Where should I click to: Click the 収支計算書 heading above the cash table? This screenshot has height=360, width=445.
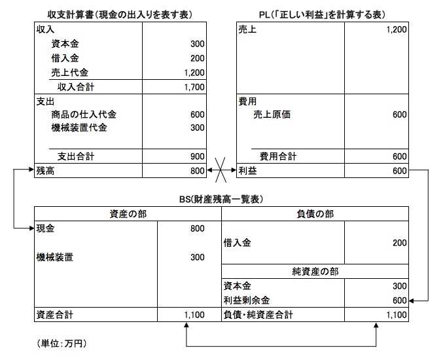(120, 15)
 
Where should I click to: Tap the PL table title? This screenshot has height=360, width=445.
(323, 15)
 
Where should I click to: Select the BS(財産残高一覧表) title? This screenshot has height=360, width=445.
(221, 199)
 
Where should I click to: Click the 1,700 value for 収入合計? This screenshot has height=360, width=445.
(194, 87)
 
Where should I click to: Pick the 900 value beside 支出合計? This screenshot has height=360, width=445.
(198, 156)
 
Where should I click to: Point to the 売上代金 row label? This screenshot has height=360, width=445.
(70, 73)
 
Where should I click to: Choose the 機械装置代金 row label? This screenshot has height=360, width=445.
(79, 128)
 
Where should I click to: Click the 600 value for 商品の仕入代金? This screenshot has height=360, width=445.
(198, 115)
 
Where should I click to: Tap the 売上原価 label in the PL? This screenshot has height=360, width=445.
(272, 115)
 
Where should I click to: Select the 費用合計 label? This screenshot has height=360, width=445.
(278, 156)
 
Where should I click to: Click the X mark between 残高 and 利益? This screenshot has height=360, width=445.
(221, 170)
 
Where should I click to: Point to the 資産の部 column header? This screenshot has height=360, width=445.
(128, 214)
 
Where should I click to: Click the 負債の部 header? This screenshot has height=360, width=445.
(315, 214)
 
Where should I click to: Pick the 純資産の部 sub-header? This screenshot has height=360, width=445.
(315, 272)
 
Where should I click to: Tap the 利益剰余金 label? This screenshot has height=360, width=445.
(246, 300)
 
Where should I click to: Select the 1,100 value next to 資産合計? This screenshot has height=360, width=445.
(194, 315)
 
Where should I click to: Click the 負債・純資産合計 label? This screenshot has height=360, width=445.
(258, 315)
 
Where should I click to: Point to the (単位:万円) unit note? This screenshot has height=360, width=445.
(62, 344)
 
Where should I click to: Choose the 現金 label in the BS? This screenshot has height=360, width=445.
(45, 228)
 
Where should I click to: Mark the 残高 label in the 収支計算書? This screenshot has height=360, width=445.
(45, 171)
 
